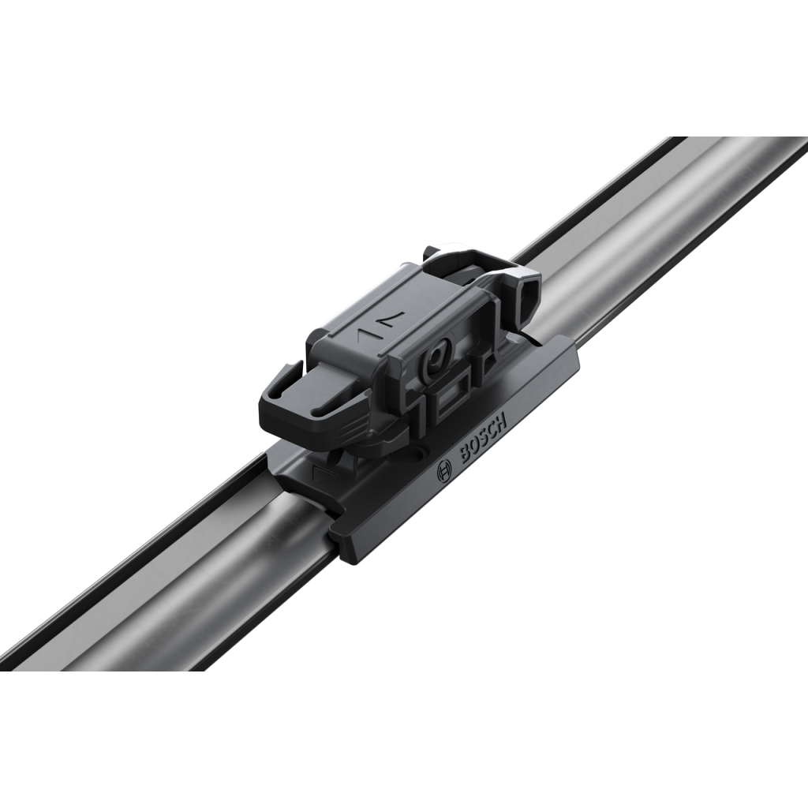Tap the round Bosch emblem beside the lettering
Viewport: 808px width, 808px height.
(443, 472)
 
